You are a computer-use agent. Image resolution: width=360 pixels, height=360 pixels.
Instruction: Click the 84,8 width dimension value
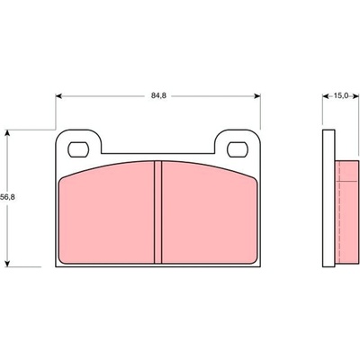[158, 96]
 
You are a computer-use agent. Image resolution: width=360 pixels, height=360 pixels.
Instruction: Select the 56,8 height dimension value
[7, 197]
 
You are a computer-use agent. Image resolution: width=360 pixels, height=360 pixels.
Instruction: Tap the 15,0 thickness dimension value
[340, 96]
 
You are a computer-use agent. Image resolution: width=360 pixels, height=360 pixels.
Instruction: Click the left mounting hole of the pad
[78, 149]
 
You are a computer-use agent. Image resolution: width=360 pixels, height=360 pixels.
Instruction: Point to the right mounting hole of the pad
[238, 149]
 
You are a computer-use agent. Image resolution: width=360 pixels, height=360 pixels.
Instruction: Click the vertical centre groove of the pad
[157, 212]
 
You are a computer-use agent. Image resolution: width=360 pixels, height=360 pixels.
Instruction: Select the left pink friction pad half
[106, 213]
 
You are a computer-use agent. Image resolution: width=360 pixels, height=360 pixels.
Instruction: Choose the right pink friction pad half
[210, 213]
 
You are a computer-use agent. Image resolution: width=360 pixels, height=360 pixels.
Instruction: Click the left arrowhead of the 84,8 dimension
[58, 96]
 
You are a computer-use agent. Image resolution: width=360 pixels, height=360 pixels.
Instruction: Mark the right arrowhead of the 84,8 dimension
[257, 96]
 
